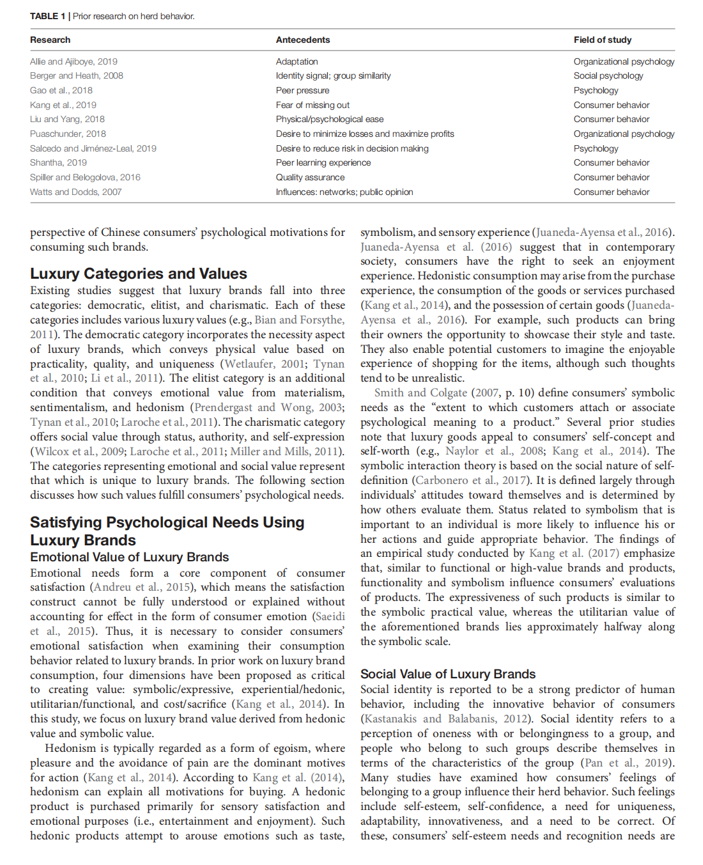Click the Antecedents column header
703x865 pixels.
[x=303, y=40]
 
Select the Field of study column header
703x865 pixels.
[x=602, y=40]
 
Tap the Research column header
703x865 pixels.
[x=50, y=40]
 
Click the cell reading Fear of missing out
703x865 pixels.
[x=313, y=105]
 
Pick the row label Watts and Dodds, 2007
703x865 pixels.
[x=75, y=192]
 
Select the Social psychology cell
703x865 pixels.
[x=608, y=75]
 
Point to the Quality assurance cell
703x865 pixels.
[x=310, y=177]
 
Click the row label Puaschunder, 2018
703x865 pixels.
[x=68, y=134]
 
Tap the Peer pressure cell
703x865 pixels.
[x=302, y=90]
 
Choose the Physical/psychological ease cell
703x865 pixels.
[x=330, y=119]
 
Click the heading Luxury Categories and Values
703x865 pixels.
[x=138, y=274]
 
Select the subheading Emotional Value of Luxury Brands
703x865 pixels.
[x=129, y=557]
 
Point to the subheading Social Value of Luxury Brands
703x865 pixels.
[x=448, y=674]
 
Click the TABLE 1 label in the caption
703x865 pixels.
[x=47, y=16]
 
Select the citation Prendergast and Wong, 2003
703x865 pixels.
[x=268, y=407]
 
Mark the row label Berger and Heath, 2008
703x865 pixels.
[x=76, y=75]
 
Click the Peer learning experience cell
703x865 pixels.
[x=323, y=162]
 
